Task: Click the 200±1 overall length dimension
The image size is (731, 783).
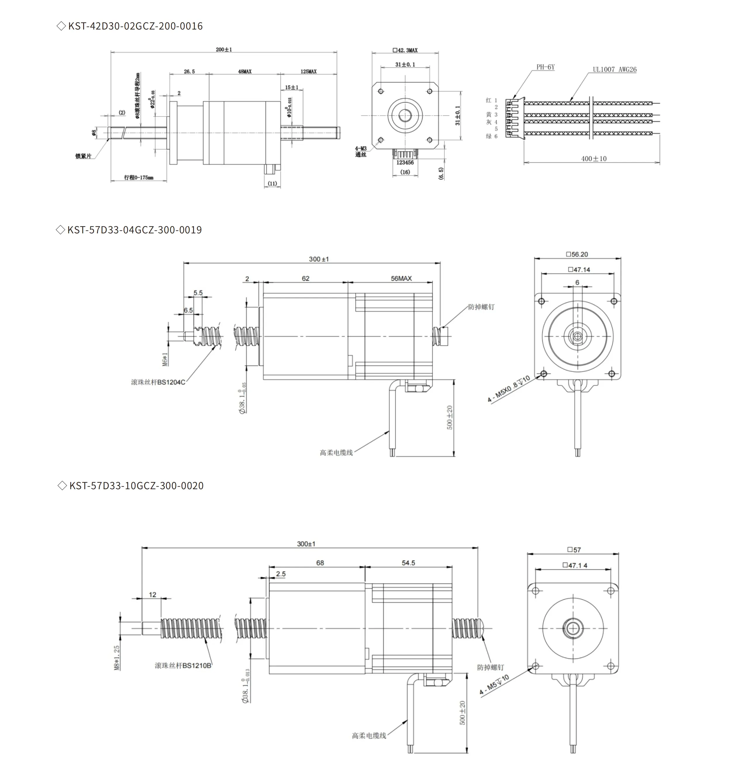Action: (x=224, y=50)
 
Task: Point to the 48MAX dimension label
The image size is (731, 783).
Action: (x=244, y=72)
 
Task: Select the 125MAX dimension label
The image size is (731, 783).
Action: (x=308, y=72)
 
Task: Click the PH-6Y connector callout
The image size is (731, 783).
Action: (x=545, y=67)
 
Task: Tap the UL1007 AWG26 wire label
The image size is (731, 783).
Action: (x=614, y=70)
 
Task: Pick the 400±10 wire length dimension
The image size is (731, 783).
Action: (x=593, y=159)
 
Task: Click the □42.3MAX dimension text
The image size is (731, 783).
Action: (x=405, y=51)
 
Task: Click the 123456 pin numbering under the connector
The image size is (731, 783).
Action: (x=405, y=163)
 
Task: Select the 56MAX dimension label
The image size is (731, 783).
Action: (x=401, y=278)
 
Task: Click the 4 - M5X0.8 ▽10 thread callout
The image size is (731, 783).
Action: (x=508, y=389)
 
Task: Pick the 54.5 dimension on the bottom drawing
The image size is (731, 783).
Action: (x=408, y=563)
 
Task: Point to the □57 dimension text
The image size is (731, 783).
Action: (x=574, y=549)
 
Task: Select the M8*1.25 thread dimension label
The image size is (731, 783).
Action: (x=117, y=657)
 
